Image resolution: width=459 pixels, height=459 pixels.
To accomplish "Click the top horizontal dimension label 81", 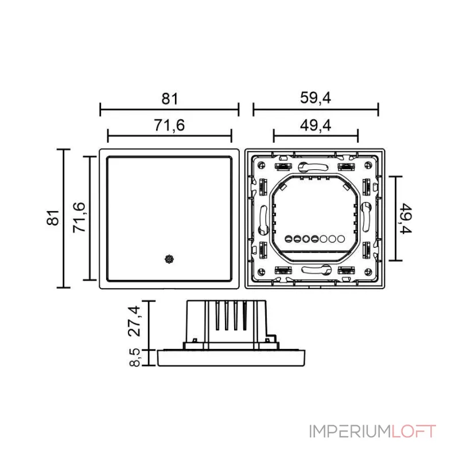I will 169,99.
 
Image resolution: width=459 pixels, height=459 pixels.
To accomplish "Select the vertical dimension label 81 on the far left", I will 53,218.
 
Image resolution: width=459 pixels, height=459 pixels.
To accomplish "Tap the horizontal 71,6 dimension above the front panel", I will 169,126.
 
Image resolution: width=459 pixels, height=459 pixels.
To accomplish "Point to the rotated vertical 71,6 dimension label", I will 80,217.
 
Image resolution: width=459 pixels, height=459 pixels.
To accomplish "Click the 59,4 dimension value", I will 316,98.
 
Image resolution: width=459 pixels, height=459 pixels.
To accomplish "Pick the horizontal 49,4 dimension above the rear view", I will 316,126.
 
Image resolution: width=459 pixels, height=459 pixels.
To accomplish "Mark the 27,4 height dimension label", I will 134,321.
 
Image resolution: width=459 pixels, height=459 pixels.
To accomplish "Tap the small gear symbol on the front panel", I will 169,259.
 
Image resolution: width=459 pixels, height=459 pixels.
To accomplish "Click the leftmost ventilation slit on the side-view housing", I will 218,316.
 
